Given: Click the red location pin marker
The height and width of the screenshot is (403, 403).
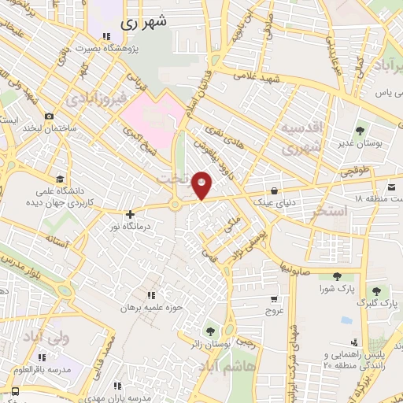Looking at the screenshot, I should pos(202,184).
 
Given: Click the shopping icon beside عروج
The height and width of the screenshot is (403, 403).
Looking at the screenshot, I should pos(273,299).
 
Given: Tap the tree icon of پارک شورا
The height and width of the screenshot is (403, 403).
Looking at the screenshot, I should pos(338,275).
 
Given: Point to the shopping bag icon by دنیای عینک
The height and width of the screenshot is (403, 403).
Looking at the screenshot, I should pos(273,190).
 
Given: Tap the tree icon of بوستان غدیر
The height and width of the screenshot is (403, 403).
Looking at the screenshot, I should pos(360,131).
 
